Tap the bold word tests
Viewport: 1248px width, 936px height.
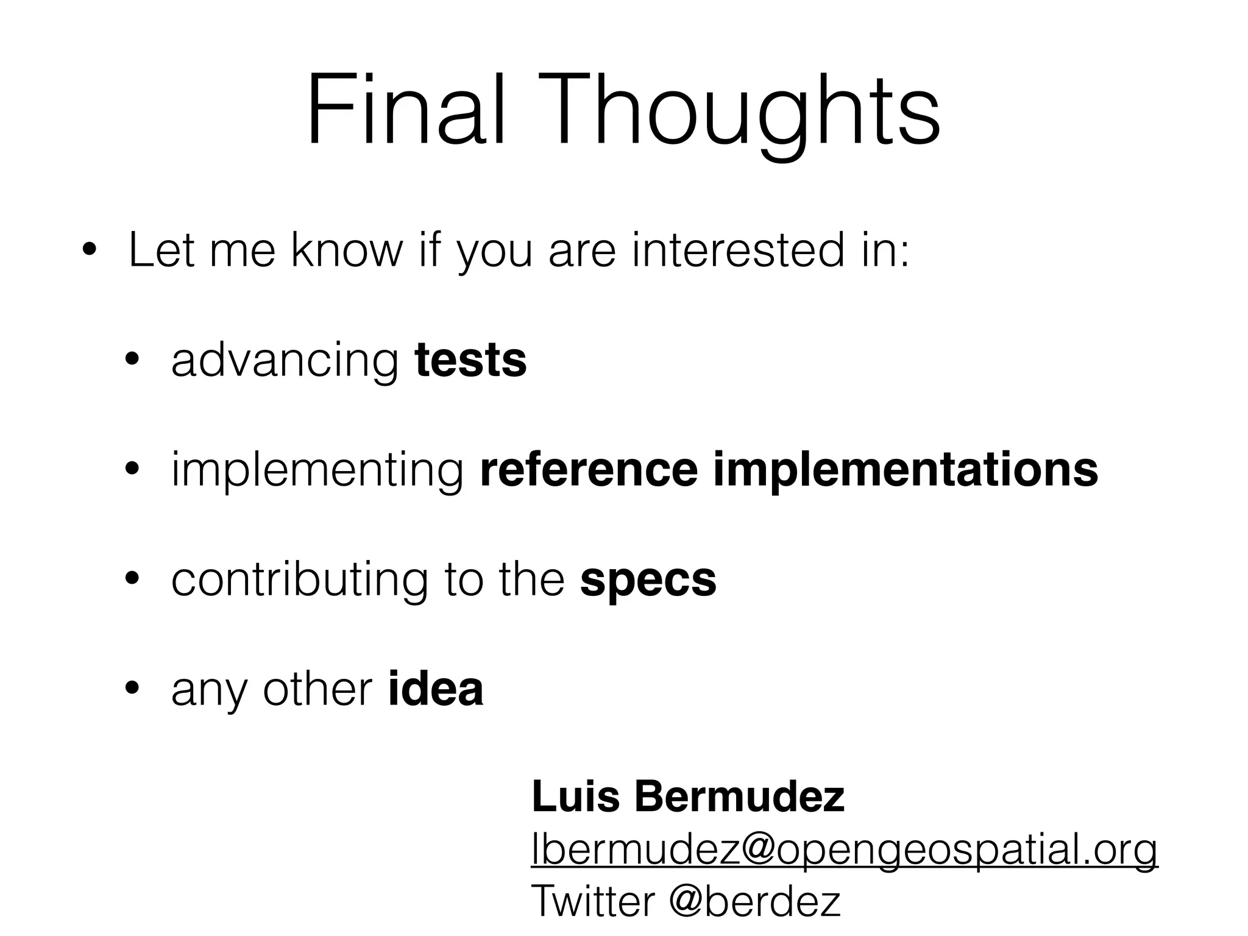(470, 360)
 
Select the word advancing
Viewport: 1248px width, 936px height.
(285, 360)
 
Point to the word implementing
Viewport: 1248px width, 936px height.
(317, 470)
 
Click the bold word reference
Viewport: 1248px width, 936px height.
(588, 470)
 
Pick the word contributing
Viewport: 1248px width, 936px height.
(299, 580)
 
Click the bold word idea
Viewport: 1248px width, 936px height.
(435, 689)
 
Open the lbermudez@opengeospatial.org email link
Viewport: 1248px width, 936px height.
(844, 849)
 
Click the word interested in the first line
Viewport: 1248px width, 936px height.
(738, 250)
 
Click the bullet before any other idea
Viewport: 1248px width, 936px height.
(132, 689)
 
